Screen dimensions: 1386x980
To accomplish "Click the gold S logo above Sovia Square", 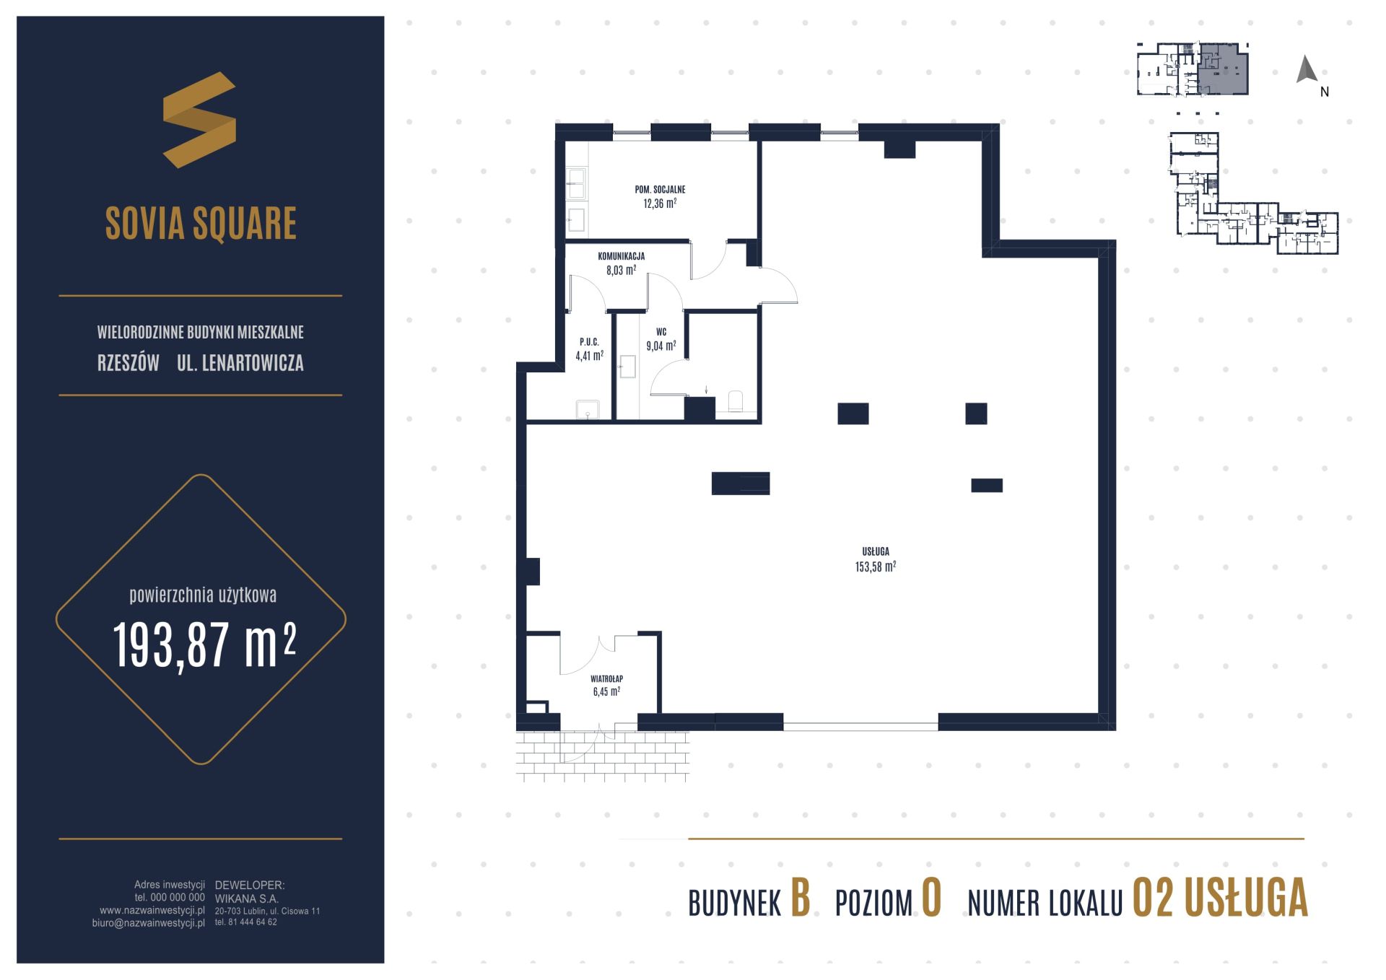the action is click(x=199, y=120).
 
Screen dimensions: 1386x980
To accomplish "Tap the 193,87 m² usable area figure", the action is click(x=204, y=644).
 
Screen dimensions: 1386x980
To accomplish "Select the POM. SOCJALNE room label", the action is click(x=660, y=189).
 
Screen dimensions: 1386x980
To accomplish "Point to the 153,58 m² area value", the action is click(x=876, y=566).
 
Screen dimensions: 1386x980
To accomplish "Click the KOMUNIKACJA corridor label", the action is click(x=621, y=256).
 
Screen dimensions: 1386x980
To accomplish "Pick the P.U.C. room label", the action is click(x=589, y=342).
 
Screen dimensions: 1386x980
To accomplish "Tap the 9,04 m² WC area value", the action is click(x=661, y=346).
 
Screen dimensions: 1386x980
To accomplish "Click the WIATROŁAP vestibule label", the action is click(x=606, y=679).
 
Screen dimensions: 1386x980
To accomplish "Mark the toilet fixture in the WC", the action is click(x=736, y=401).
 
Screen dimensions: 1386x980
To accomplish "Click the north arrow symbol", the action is click(x=1307, y=69).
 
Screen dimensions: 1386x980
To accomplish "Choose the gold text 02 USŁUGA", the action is click(x=1220, y=898).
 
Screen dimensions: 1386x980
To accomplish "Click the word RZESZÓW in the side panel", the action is click(x=128, y=363).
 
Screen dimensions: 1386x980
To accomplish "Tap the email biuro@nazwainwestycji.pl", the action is click(x=149, y=923).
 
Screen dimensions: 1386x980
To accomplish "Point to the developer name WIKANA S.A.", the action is click(x=247, y=899).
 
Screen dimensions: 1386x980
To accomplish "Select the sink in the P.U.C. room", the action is click(x=588, y=409).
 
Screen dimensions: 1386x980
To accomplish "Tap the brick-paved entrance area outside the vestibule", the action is click(x=603, y=755).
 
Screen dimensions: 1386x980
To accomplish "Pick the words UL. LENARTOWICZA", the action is click(x=240, y=363).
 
